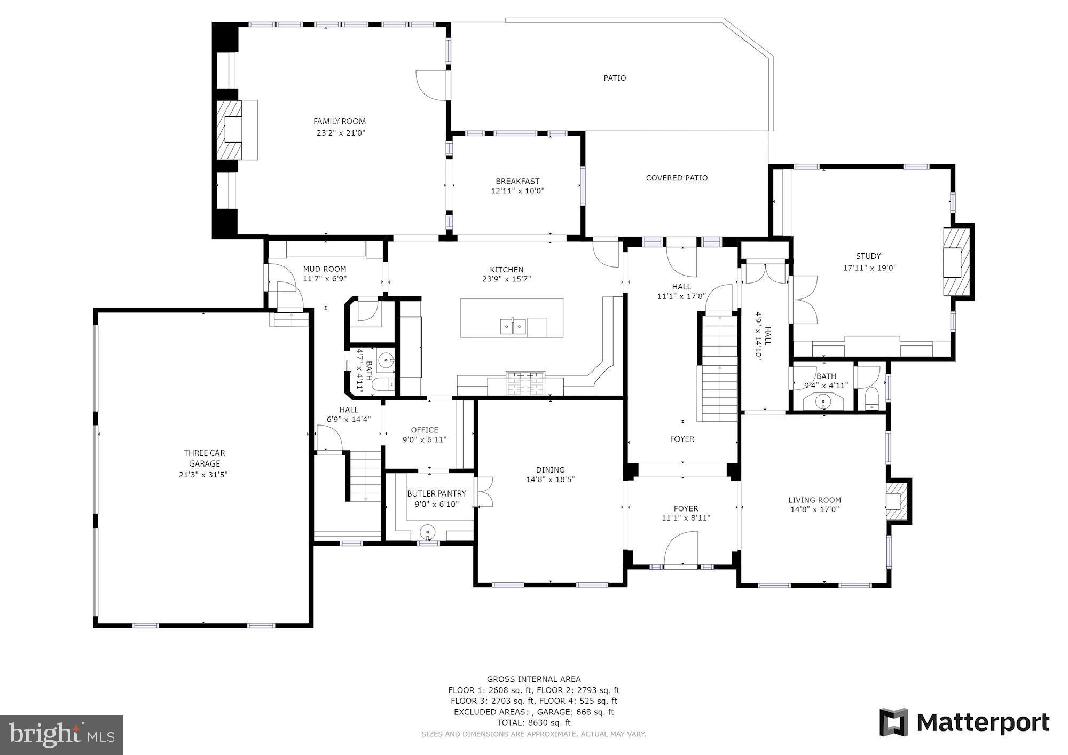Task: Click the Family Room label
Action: pyautogui.click(x=340, y=121)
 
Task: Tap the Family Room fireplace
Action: pyautogui.click(x=233, y=130)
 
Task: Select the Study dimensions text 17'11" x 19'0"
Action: pyautogui.click(x=869, y=268)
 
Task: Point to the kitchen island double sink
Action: pyautogui.click(x=513, y=326)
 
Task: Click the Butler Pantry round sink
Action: pyautogui.click(x=428, y=532)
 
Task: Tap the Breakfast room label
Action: pyautogui.click(x=517, y=182)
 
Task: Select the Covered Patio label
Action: pyautogui.click(x=677, y=178)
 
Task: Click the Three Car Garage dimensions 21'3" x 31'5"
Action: pyautogui.click(x=203, y=474)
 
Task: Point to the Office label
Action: pyautogui.click(x=425, y=430)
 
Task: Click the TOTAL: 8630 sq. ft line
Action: pyautogui.click(x=533, y=722)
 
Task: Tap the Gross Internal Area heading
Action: pyautogui.click(x=533, y=679)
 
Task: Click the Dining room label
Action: pyautogui.click(x=551, y=470)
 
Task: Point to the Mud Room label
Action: pyautogui.click(x=325, y=269)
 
